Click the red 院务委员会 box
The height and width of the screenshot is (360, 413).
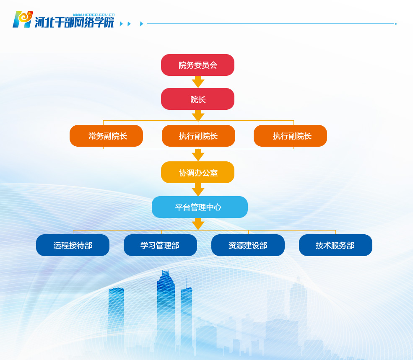pyautogui.click(x=197, y=65)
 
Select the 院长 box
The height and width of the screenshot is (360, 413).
pyautogui.click(x=197, y=99)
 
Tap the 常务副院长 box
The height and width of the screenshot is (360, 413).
pyautogui.click(x=106, y=136)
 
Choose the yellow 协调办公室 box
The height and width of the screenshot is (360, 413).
pyautogui.click(x=197, y=172)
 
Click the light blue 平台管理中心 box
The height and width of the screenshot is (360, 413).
pyautogui.click(x=200, y=207)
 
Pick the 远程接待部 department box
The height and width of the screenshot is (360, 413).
pyautogui.click(x=73, y=245)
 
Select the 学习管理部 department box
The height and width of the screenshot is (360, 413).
pyautogui.click(x=160, y=245)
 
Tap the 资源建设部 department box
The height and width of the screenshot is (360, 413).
pyautogui.click(x=248, y=245)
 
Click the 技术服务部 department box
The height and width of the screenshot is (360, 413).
pyautogui.click(x=335, y=245)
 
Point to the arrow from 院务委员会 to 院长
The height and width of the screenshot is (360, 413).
pyautogui.click(x=198, y=82)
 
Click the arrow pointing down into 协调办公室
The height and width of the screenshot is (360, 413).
pyautogui.click(x=198, y=155)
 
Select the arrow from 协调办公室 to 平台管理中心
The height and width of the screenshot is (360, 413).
pyautogui.click(x=198, y=189)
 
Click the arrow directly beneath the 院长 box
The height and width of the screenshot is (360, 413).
pyautogui.click(x=198, y=116)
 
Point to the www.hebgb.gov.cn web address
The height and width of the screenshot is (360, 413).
pyautogui.click(x=94, y=15)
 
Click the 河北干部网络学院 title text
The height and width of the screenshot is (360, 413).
pyautogui.click(x=74, y=22)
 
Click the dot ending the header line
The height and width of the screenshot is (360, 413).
pyautogui.click(x=396, y=24)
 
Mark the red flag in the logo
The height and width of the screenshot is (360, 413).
pyautogui.click(x=31, y=14)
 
